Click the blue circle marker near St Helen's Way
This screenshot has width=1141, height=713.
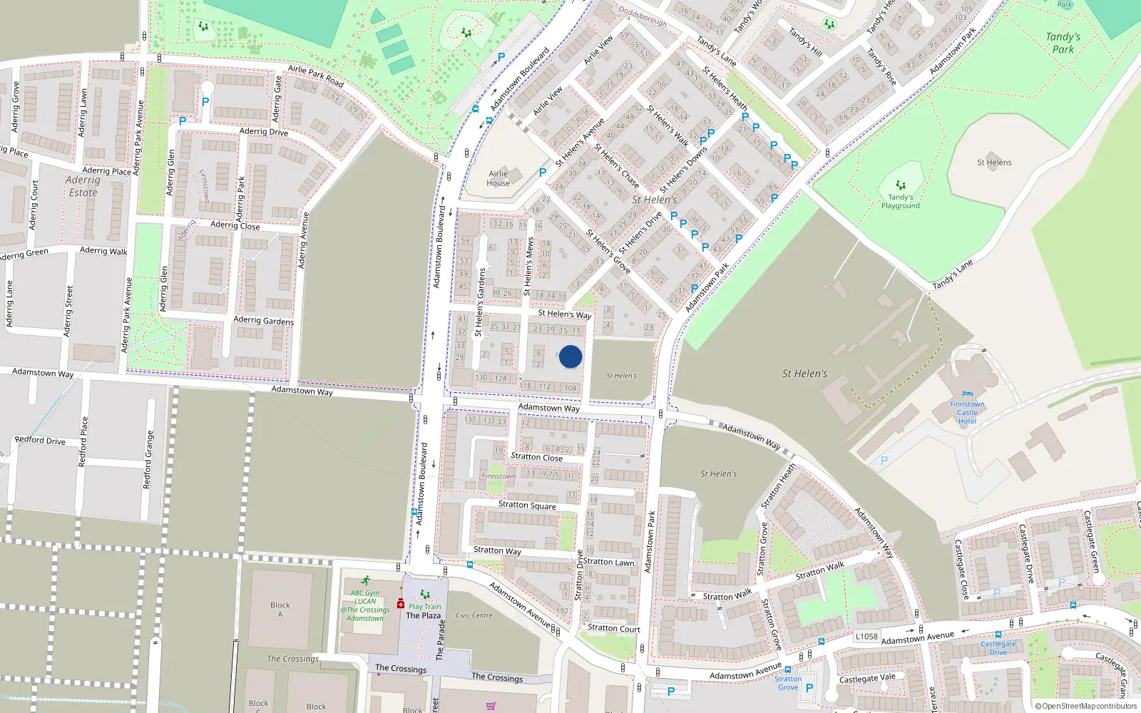(570, 356)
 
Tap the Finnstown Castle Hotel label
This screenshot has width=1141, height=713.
(967, 412)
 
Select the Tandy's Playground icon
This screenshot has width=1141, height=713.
(901, 185)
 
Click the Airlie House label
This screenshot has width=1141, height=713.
(498, 178)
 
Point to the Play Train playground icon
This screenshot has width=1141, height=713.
(425, 594)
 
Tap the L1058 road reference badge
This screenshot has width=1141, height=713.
(866, 637)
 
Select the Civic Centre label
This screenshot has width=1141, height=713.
(474, 615)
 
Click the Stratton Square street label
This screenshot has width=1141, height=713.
(527, 506)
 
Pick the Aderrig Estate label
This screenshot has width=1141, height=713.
(83, 186)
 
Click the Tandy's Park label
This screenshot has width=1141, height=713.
(1063, 43)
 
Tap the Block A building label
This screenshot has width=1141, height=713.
(280, 610)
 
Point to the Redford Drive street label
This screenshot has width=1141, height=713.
(40, 441)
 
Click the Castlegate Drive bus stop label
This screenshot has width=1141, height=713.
(998, 647)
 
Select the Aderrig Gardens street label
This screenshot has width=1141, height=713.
(263, 321)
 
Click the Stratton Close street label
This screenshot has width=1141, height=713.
(536, 457)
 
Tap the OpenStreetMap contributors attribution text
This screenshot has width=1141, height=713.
(1085, 707)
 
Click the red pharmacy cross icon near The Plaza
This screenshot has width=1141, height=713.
(401, 604)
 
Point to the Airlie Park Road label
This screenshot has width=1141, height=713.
(316, 76)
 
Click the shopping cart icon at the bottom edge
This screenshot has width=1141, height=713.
(491, 706)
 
